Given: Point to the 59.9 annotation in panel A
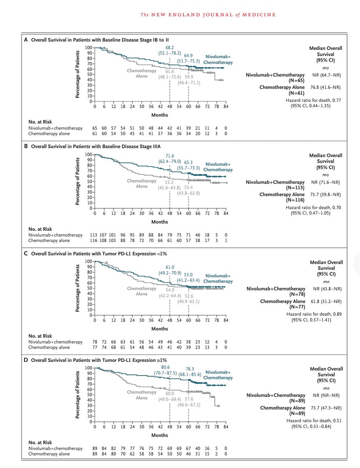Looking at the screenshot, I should point(189,77).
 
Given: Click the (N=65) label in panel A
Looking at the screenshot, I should point(294,80).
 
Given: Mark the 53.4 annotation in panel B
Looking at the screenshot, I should point(189,187).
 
